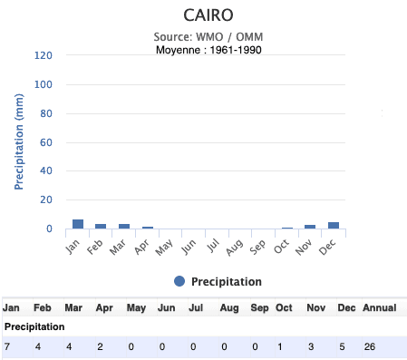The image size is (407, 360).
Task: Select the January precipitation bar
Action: pyautogui.click(x=78, y=224)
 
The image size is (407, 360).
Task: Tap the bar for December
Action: pyautogui.click(x=334, y=225)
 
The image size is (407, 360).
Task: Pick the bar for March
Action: pyautogui.click(x=124, y=226)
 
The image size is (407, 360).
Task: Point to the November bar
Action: pyautogui.click(x=310, y=227)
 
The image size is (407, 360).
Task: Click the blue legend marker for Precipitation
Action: pyautogui.click(x=179, y=281)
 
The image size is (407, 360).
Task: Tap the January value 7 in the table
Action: pyautogui.click(x=7, y=346)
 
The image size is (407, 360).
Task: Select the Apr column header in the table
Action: pyautogui.click(x=104, y=307)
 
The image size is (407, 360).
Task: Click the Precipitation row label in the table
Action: pyautogui.click(x=34, y=326)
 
